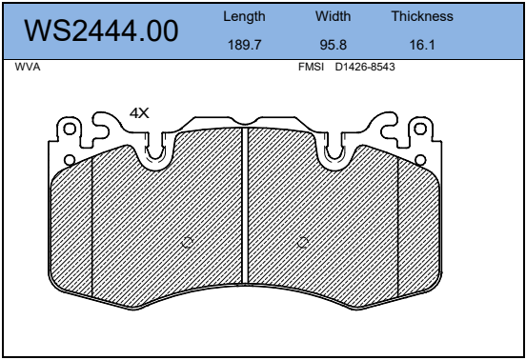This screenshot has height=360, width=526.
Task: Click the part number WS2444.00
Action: tap(101, 30)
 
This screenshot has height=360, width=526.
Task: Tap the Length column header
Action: tap(244, 16)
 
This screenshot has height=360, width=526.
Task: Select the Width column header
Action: tap(334, 16)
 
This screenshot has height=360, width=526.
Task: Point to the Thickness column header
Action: tap(422, 16)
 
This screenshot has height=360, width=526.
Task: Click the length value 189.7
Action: tap(244, 45)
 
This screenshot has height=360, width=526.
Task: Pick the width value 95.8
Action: tap(334, 45)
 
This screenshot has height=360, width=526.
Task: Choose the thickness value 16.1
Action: tap(422, 45)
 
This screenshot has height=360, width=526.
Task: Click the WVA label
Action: tap(28, 67)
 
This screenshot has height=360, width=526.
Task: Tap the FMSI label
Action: tap(311, 67)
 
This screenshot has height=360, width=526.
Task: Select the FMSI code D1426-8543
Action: tap(365, 67)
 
